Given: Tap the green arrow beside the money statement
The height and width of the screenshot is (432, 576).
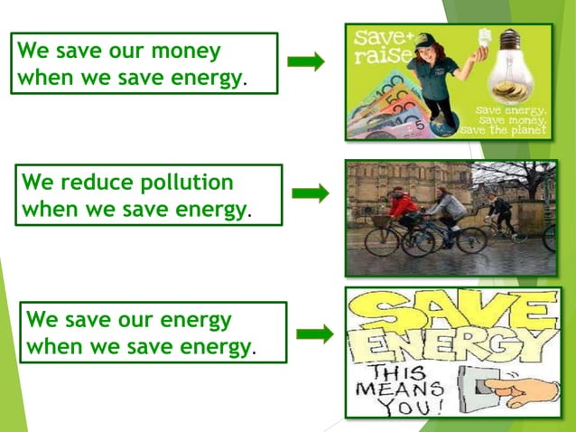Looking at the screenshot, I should [x=306, y=61].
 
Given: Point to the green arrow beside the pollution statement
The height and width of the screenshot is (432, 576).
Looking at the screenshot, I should [x=311, y=193].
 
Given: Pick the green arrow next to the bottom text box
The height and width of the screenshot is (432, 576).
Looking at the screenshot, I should [x=314, y=334].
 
